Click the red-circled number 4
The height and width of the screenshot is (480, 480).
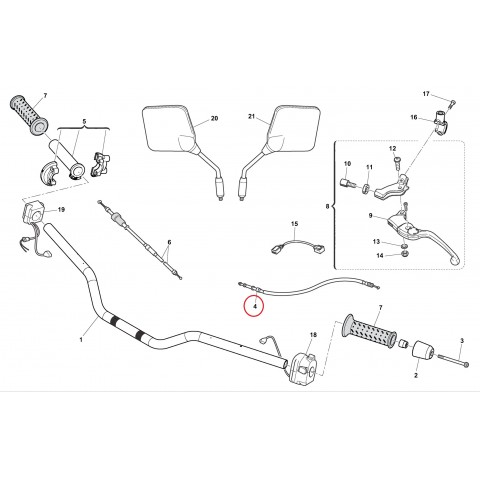pyautogui.click(x=254, y=304)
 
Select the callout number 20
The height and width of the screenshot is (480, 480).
pyautogui.click(x=213, y=118)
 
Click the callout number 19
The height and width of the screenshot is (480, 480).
pyautogui.click(x=61, y=210)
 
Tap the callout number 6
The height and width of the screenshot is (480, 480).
pyautogui.click(x=169, y=243)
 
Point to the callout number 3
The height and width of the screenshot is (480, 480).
pyautogui.click(x=463, y=342)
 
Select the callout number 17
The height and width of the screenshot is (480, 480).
pyautogui.click(x=424, y=93)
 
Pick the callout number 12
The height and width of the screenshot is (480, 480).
pyautogui.click(x=394, y=150)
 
